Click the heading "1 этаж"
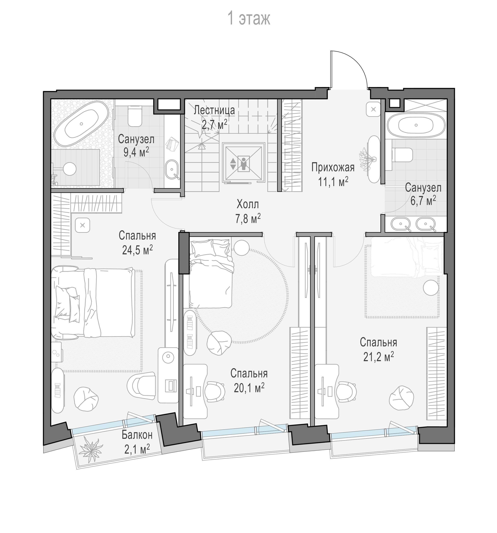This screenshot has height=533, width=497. point(249,18)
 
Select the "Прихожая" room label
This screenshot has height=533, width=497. point(333,167)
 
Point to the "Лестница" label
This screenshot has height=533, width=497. point(214,110)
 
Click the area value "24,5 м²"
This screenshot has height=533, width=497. point(137,250)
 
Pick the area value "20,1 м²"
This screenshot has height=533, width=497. point(249,388)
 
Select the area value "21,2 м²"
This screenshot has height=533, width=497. point(378,357)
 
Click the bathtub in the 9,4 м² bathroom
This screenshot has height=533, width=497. point(81,124)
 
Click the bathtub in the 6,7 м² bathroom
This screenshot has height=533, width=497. point(416,125)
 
